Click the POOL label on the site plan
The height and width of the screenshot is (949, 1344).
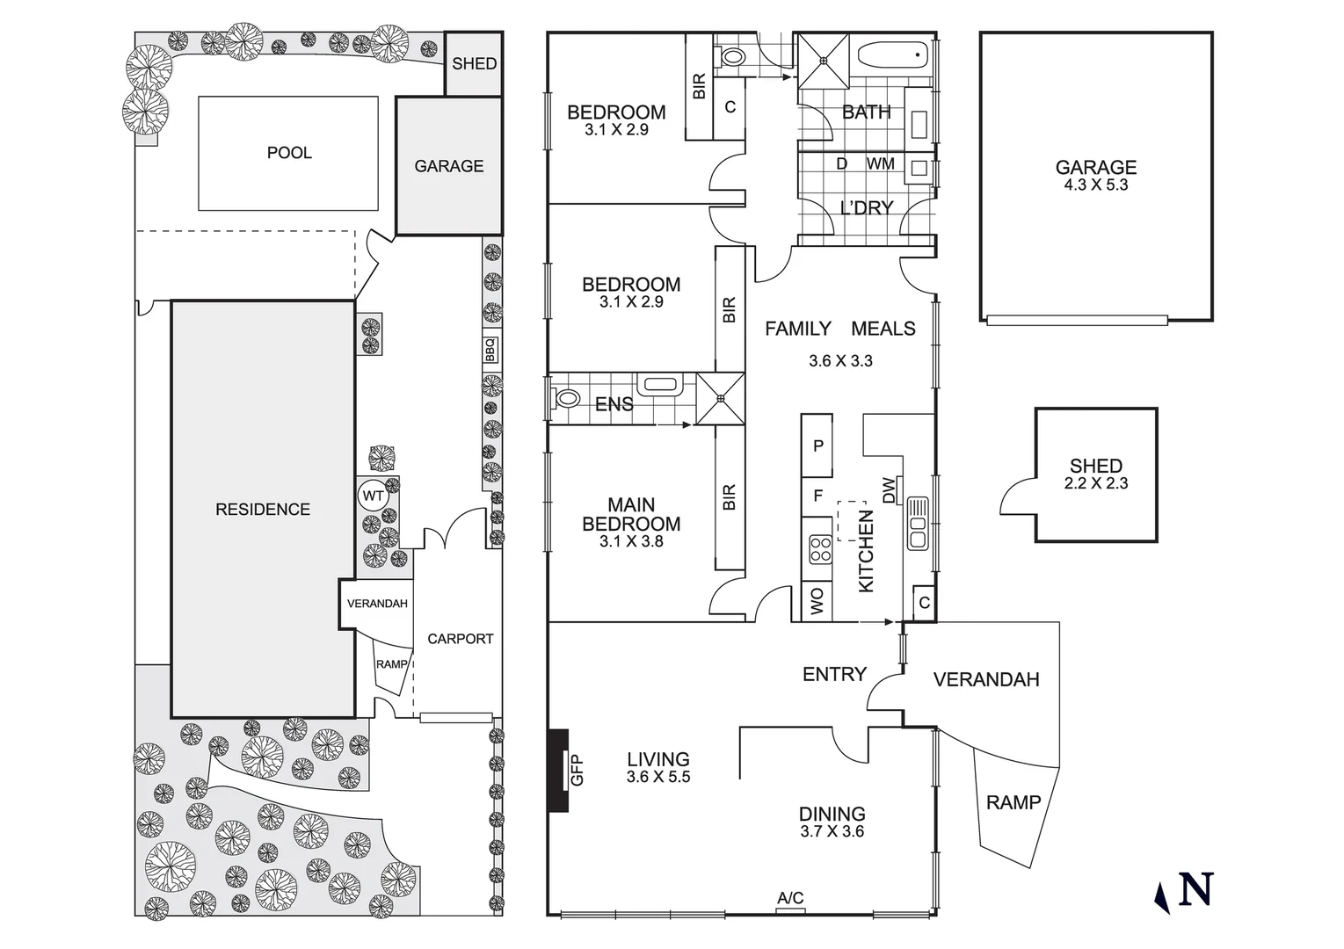coord(289,153)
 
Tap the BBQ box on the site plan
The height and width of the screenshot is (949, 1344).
coord(490,350)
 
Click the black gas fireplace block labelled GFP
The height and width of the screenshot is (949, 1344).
coord(558,771)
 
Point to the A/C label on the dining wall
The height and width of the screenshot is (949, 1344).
coord(790,899)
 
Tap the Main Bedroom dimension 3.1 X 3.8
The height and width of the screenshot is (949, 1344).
coord(631,542)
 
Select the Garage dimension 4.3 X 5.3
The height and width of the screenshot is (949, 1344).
coord(1095,185)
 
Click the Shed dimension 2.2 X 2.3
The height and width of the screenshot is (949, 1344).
coord(1095,483)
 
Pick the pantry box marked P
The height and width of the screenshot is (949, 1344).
coord(817,446)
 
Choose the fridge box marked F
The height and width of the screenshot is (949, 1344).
coord(817,496)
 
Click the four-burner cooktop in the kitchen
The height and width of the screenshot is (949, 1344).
coord(819,549)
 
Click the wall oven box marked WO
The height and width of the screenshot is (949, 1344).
coord(817,602)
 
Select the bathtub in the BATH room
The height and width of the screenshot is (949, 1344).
coord(892,56)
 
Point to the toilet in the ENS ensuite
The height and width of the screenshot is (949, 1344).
coord(567,400)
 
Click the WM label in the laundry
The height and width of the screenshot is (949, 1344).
coord(880,164)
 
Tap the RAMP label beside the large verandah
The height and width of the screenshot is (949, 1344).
coord(1013,802)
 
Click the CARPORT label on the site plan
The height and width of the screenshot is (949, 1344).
coord(460,639)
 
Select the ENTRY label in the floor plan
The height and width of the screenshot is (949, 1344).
coord(834,674)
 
